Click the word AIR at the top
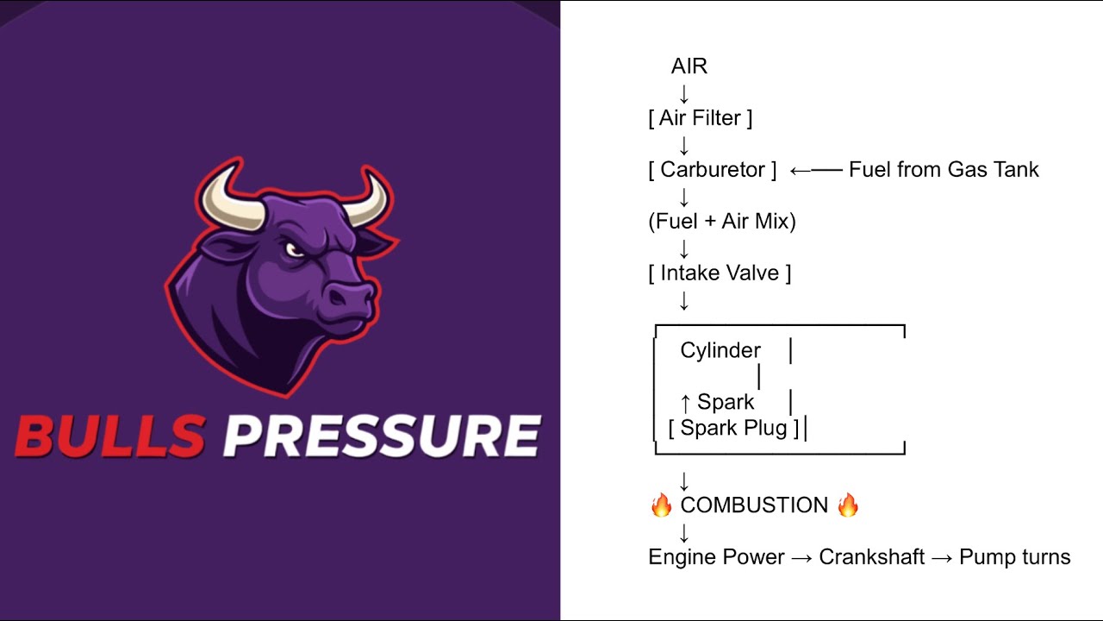tap(689, 66)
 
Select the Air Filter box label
tap(700, 118)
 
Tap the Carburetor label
tap(713, 170)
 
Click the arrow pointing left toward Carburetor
tap(815, 170)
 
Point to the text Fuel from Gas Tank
tap(944, 170)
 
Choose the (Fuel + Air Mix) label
tap(722, 222)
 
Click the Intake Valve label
tap(720, 273)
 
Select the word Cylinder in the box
tap(720, 351)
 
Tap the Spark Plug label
tap(733, 428)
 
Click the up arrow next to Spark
tap(686, 403)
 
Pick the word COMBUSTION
tap(754, 505)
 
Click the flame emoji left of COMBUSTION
tap(661, 505)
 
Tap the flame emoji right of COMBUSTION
tap(848, 505)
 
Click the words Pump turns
tap(1014, 557)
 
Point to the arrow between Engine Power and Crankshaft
tap(801, 557)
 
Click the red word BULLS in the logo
tap(109, 436)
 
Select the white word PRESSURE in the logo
tap(381, 436)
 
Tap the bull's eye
tap(296, 250)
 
